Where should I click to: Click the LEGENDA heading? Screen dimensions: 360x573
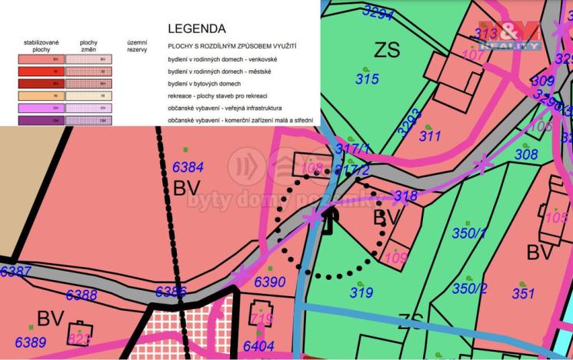[196, 29]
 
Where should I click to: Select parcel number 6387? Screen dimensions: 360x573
[15, 272]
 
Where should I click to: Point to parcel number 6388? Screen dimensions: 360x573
[82, 295]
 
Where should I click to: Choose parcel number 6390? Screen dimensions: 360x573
[270, 282]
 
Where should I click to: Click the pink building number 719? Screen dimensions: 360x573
[262, 318]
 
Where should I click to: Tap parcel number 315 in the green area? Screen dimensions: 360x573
[367, 78]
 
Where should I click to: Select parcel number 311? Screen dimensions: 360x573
[430, 137]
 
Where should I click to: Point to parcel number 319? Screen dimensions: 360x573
[361, 292]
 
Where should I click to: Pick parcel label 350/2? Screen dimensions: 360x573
[469, 288]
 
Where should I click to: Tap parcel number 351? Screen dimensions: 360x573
[523, 293]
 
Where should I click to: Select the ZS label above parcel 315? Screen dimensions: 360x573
[387, 50]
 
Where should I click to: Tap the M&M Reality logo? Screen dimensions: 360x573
[509, 35]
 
